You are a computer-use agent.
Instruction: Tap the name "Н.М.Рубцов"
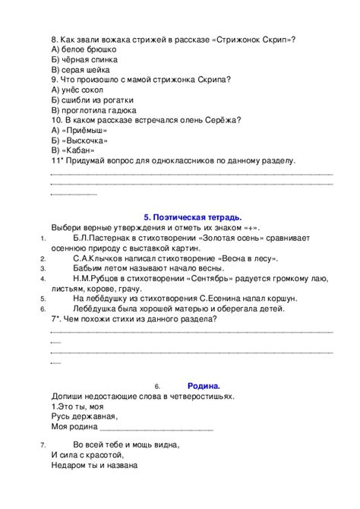point(94,278)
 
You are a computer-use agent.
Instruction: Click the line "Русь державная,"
point(84,417)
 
